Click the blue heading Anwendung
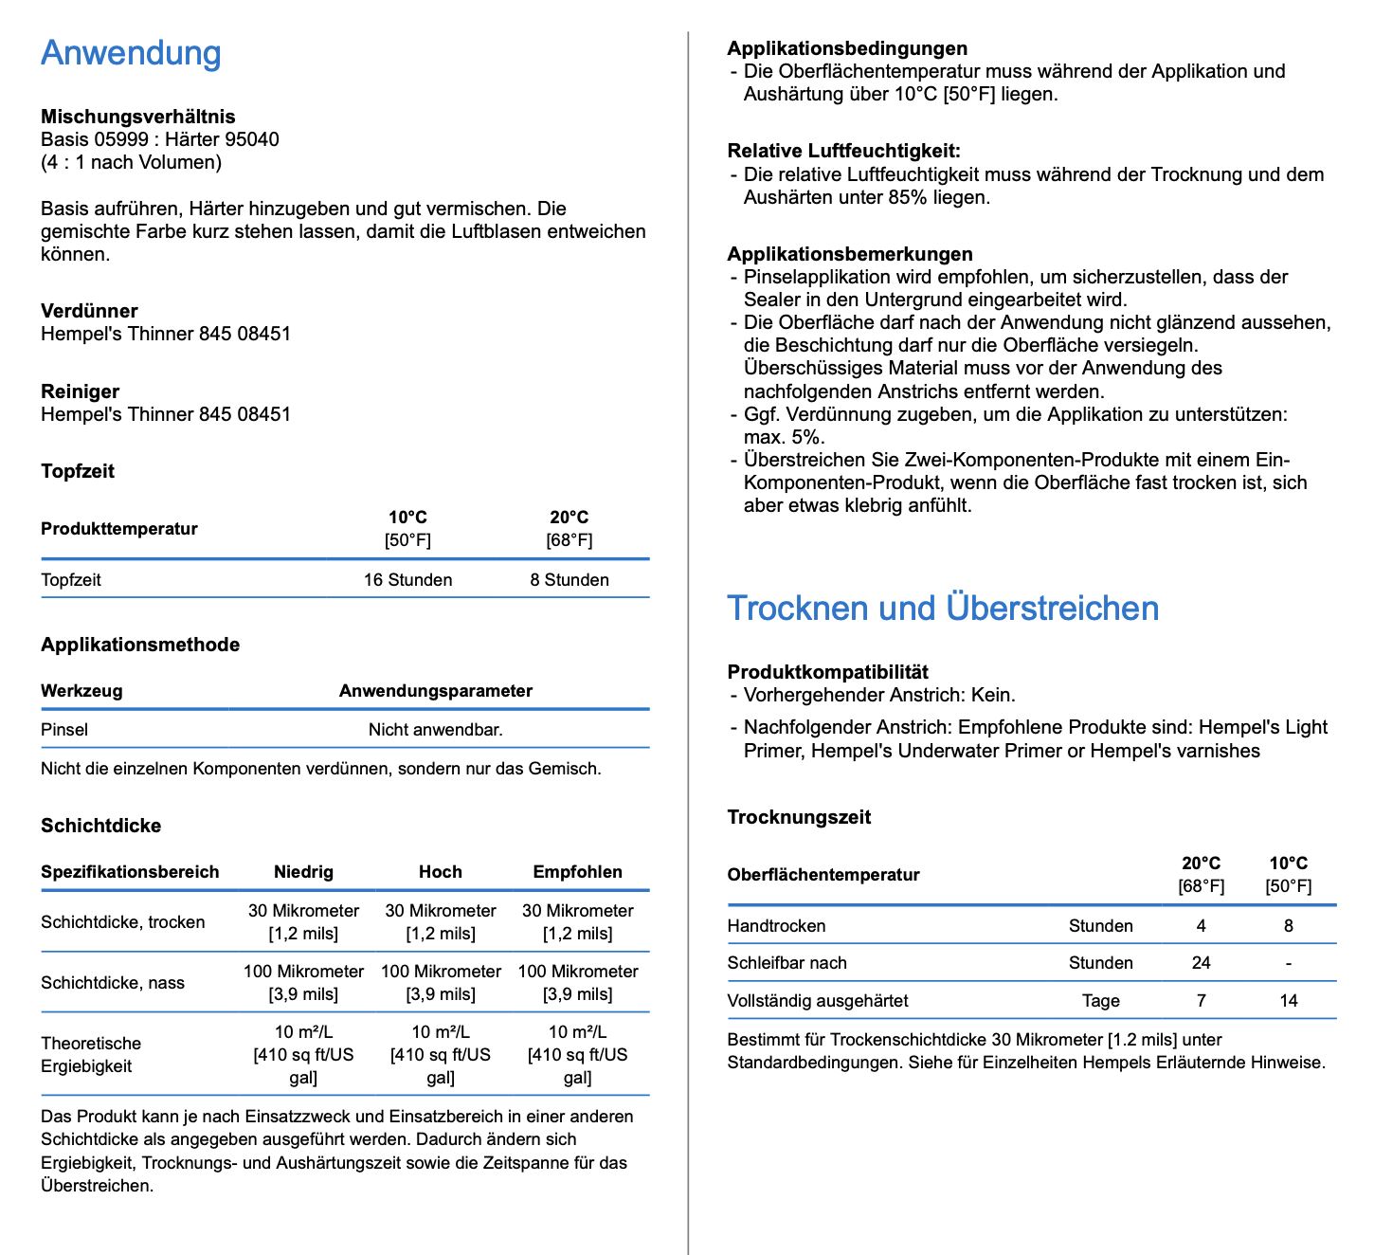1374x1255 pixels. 131,53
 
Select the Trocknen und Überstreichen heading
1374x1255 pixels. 942,609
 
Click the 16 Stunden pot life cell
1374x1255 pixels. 407,580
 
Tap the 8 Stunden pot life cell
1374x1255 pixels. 569,580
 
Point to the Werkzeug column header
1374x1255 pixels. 81,691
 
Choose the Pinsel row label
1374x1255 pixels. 64,730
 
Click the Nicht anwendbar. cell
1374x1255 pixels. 436,730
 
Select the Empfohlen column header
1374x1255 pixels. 577,872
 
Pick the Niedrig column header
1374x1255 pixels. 303,872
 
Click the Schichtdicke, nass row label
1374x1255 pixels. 113,983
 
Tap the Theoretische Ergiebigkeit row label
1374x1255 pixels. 91,1055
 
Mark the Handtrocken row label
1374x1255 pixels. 776,926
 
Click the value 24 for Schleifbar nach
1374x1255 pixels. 1201,963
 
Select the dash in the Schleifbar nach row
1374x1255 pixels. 1288,963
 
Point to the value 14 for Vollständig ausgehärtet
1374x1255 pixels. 1288,1001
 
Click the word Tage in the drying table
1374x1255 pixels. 1100,1001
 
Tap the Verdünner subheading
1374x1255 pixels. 89,311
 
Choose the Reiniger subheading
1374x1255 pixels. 80,391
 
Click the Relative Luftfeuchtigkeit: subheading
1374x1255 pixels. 843,151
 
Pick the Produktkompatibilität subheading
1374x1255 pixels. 827,672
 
